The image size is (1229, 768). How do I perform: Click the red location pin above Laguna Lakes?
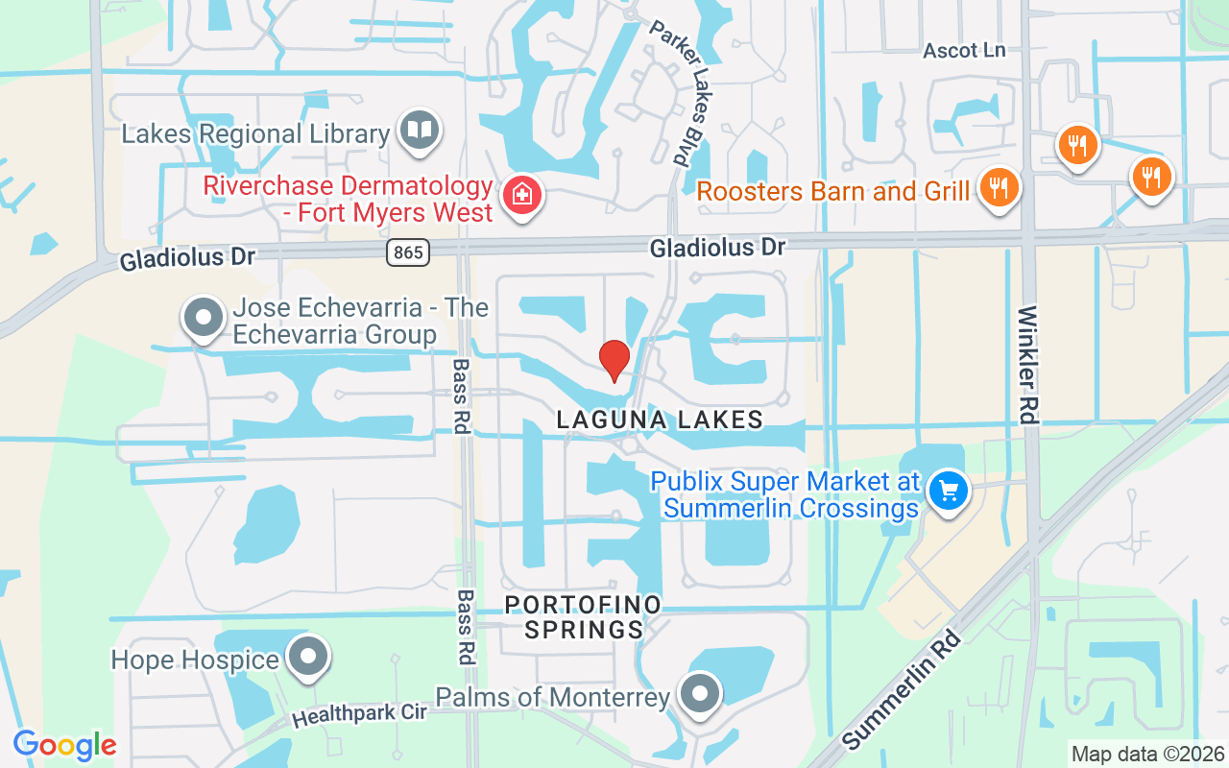click(x=614, y=359)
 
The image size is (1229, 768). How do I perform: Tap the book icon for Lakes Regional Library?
click(x=419, y=130)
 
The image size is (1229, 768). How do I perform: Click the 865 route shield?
click(x=408, y=252)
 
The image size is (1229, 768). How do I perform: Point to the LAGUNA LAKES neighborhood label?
click(x=661, y=420)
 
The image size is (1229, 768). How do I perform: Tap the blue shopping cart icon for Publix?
click(x=949, y=491)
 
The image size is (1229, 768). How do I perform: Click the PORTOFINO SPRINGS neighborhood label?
click(x=584, y=616)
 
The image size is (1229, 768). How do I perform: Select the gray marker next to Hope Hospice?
click(x=308, y=659)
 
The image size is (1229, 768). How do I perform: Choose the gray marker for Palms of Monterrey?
click(x=699, y=692)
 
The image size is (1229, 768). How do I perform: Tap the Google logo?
click(x=64, y=745)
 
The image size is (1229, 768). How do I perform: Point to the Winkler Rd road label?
click(x=1028, y=365)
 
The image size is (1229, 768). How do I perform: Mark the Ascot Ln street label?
click(x=964, y=50)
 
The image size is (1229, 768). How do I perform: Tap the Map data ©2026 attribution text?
click(x=1147, y=754)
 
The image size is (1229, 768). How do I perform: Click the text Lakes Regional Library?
click(x=255, y=134)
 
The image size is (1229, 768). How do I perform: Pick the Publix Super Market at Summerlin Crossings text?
click(x=785, y=494)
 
